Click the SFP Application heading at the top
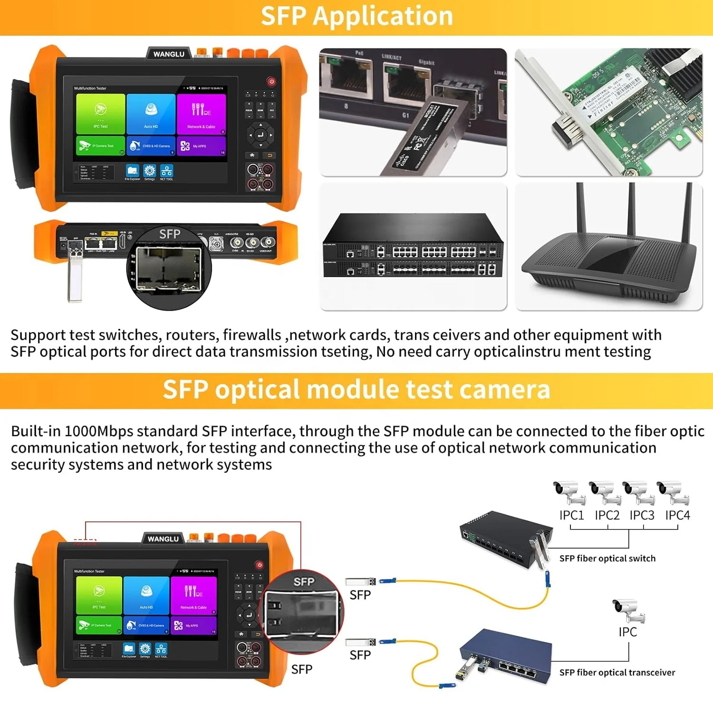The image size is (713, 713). (356, 16)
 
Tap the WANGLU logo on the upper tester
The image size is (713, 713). (169, 54)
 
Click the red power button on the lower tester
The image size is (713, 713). (259, 565)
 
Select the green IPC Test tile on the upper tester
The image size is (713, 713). (101, 114)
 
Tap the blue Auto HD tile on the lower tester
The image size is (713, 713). (146, 595)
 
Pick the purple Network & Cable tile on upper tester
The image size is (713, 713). (201, 114)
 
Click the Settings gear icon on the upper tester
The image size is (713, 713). (150, 171)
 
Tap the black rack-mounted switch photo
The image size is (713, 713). (413, 247)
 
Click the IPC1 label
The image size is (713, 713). (571, 515)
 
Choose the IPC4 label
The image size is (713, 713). (677, 515)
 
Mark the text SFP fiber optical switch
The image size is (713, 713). (607, 559)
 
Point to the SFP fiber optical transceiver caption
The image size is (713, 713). (617, 673)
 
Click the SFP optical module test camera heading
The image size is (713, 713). (356, 390)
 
